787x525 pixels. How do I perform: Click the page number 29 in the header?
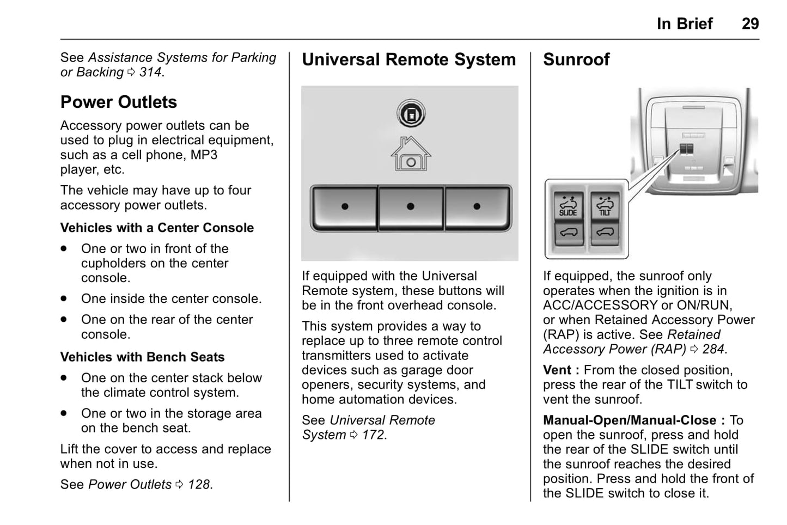click(750, 23)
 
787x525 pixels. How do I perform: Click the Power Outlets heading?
click(119, 102)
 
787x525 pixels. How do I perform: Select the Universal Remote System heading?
click(408, 59)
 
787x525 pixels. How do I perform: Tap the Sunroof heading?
click(576, 59)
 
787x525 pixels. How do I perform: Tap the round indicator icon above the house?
click(411, 114)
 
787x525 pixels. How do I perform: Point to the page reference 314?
click(150, 72)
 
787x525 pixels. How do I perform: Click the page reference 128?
click(199, 485)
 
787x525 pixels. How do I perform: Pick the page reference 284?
click(713, 349)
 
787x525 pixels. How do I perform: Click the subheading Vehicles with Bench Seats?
click(142, 357)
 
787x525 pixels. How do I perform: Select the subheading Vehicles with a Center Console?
click(157, 228)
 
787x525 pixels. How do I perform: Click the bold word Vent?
click(557, 370)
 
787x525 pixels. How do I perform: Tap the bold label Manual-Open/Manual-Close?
click(629, 420)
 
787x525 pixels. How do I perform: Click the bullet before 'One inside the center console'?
click(64, 299)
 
